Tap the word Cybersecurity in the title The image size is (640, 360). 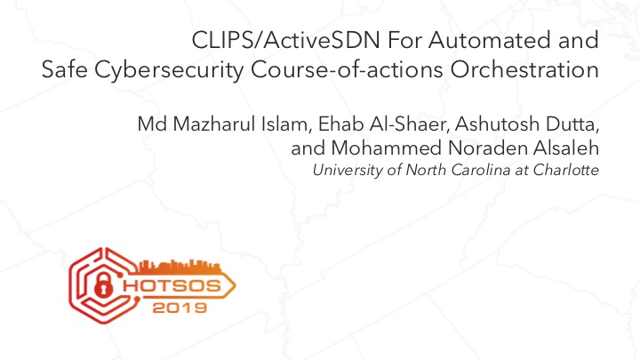169,70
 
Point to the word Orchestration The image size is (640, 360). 524,70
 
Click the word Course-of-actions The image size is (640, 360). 347,70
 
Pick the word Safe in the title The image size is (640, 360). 65,70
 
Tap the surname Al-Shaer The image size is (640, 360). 410,124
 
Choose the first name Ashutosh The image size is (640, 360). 497,124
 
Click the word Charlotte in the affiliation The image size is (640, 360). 565,170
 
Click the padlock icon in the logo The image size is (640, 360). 103,285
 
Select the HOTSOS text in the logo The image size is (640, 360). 172,285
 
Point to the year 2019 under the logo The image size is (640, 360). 180,308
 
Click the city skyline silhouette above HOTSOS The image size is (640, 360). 180,266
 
